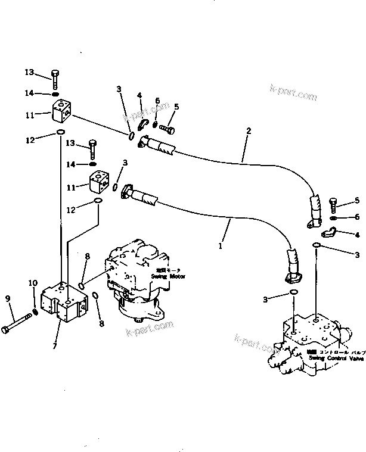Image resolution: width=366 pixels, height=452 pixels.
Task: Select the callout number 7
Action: [x=55, y=346]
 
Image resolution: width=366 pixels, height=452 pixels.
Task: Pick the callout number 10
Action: [x=33, y=283]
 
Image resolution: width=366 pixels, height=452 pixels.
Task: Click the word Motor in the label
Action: [x=176, y=277]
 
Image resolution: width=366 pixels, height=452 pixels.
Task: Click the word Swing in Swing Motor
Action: [x=159, y=277]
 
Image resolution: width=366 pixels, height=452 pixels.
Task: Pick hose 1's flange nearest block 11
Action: [x=127, y=191]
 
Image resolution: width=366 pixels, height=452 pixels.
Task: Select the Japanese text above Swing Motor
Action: [x=176, y=270]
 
